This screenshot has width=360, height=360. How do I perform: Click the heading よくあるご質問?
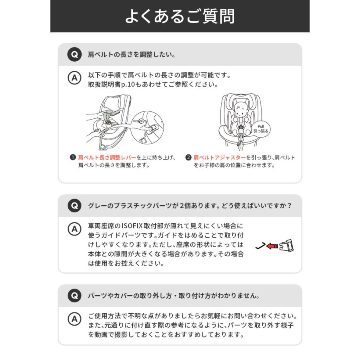click(x=180, y=16)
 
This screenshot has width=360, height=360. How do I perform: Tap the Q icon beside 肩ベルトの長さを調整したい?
click(x=74, y=54)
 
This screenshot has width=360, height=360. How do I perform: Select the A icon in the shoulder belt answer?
click(x=74, y=78)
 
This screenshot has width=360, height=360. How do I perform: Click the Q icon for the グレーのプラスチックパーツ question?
click(x=74, y=206)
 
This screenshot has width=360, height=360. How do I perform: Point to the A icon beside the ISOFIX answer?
click(x=74, y=229)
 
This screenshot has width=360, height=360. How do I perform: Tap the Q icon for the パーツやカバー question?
click(x=74, y=296)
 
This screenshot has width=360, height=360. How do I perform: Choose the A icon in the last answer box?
click(x=74, y=319)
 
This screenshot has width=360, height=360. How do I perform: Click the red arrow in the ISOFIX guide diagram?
click(x=272, y=246)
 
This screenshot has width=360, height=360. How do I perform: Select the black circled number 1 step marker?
click(x=73, y=158)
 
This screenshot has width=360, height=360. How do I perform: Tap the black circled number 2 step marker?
click(x=188, y=158)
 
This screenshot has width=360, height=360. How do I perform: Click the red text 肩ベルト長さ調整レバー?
click(x=107, y=158)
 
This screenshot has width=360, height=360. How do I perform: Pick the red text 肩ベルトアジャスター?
click(x=220, y=158)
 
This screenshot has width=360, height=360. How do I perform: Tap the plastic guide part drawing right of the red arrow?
click(x=287, y=245)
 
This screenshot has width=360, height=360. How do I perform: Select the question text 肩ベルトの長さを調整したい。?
click(x=132, y=54)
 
